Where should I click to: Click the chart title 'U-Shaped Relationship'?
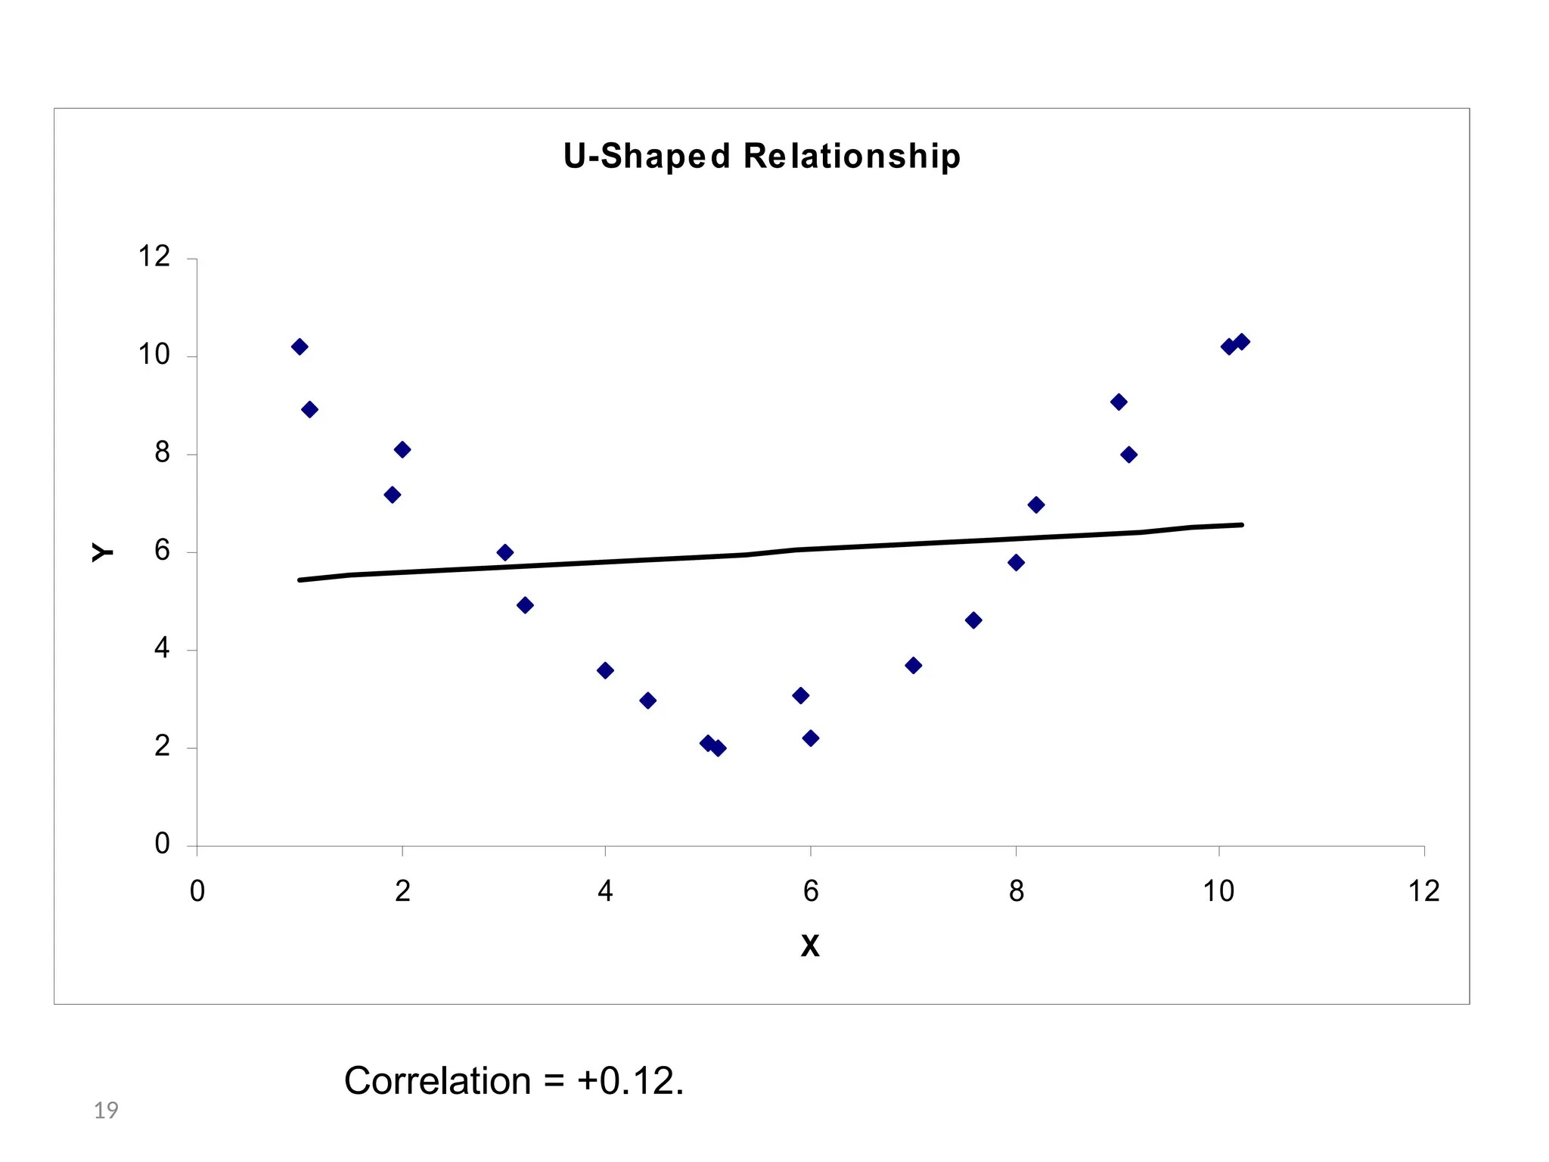coord(762,157)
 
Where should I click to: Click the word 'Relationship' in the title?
coord(852,157)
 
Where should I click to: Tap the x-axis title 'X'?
coord(810,946)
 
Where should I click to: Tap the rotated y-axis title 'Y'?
coord(103,552)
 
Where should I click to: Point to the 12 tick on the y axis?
coord(154,257)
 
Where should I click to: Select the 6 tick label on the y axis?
coord(162,551)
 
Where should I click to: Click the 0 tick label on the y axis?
coord(162,844)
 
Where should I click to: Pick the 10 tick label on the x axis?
coord(1218,892)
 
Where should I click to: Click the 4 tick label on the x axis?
coord(605,892)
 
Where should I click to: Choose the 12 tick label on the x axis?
coord(1423,892)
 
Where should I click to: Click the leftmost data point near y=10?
coord(300,346)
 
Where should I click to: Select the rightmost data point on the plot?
coord(1242,341)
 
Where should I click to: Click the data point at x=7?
coord(913,666)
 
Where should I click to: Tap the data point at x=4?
coord(605,670)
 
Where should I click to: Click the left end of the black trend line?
coord(301,580)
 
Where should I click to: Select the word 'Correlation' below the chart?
coord(437,1081)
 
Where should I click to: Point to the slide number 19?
coord(106,1111)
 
